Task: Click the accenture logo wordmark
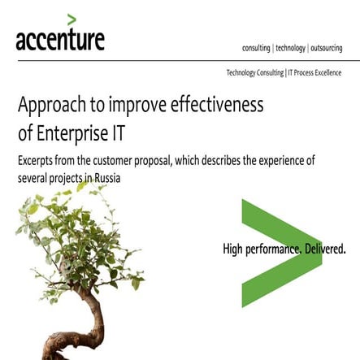tap(60, 40)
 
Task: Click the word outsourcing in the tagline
tap(327, 48)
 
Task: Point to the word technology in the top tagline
tap(290, 48)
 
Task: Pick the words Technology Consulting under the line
tap(255, 73)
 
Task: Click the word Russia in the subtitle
tap(106, 177)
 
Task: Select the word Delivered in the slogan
tap(323, 249)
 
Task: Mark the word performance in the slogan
tap(273, 249)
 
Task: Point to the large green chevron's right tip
tap(320, 253)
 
